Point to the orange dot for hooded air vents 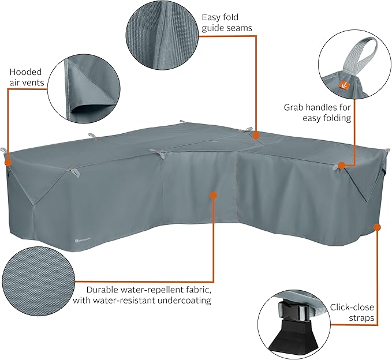tap(8, 162)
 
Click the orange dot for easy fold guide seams tap(256, 136)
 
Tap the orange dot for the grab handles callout tap(342, 165)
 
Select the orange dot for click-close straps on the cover tap(377, 227)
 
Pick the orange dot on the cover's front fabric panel tap(213, 195)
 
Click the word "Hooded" tap(25, 72)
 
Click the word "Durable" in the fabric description tap(103, 290)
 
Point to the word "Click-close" tap(352, 307)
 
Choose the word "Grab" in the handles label tap(293, 107)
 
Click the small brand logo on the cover tap(82, 241)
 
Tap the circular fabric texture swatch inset tap(39, 282)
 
